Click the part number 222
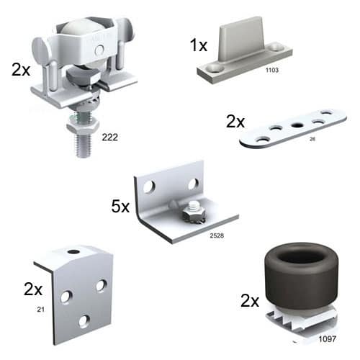[110, 138]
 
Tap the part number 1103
[272, 70]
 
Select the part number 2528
[217, 235]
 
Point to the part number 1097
[328, 339]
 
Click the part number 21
[41, 310]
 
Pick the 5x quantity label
[120, 206]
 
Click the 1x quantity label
[199, 45]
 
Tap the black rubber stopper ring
[301, 272]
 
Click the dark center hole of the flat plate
[297, 125]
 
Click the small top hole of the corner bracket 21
[73, 252]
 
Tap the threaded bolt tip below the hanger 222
[84, 145]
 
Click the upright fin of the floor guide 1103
[242, 39]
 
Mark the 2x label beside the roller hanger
[21, 70]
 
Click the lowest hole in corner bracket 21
[84, 321]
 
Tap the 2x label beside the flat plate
[235, 122]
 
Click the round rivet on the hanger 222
[99, 50]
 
